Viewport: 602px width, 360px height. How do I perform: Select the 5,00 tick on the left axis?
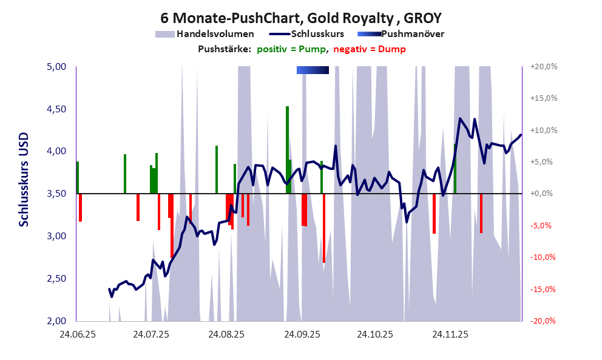(x=56, y=67)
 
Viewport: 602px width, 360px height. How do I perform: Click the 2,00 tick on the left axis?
(x=56, y=321)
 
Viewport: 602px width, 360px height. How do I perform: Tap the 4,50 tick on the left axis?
(x=56, y=109)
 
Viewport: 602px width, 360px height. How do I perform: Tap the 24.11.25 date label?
(x=450, y=335)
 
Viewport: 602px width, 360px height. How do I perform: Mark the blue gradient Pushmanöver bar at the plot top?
(x=313, y=70)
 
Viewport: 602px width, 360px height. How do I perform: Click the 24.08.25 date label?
(x=226, y=335)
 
